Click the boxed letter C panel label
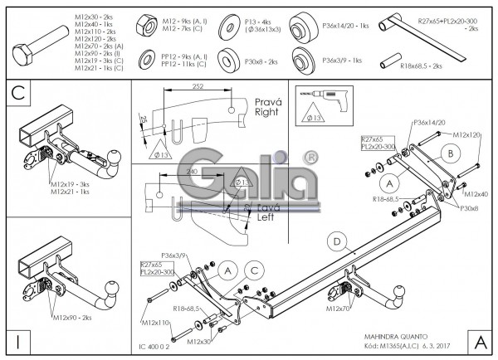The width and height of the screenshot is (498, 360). (17, 94)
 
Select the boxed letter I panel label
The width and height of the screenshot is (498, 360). (17, 342)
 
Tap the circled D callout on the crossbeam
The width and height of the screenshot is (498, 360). (336, 242)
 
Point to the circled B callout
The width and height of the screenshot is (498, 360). (447, 153)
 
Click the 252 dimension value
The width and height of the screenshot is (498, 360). (197, 86)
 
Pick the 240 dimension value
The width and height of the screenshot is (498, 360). (193, 171)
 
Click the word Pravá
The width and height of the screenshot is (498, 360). (266, 100)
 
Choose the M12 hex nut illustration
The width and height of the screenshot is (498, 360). (142, 23)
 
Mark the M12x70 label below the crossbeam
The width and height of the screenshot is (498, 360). (339, 308)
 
